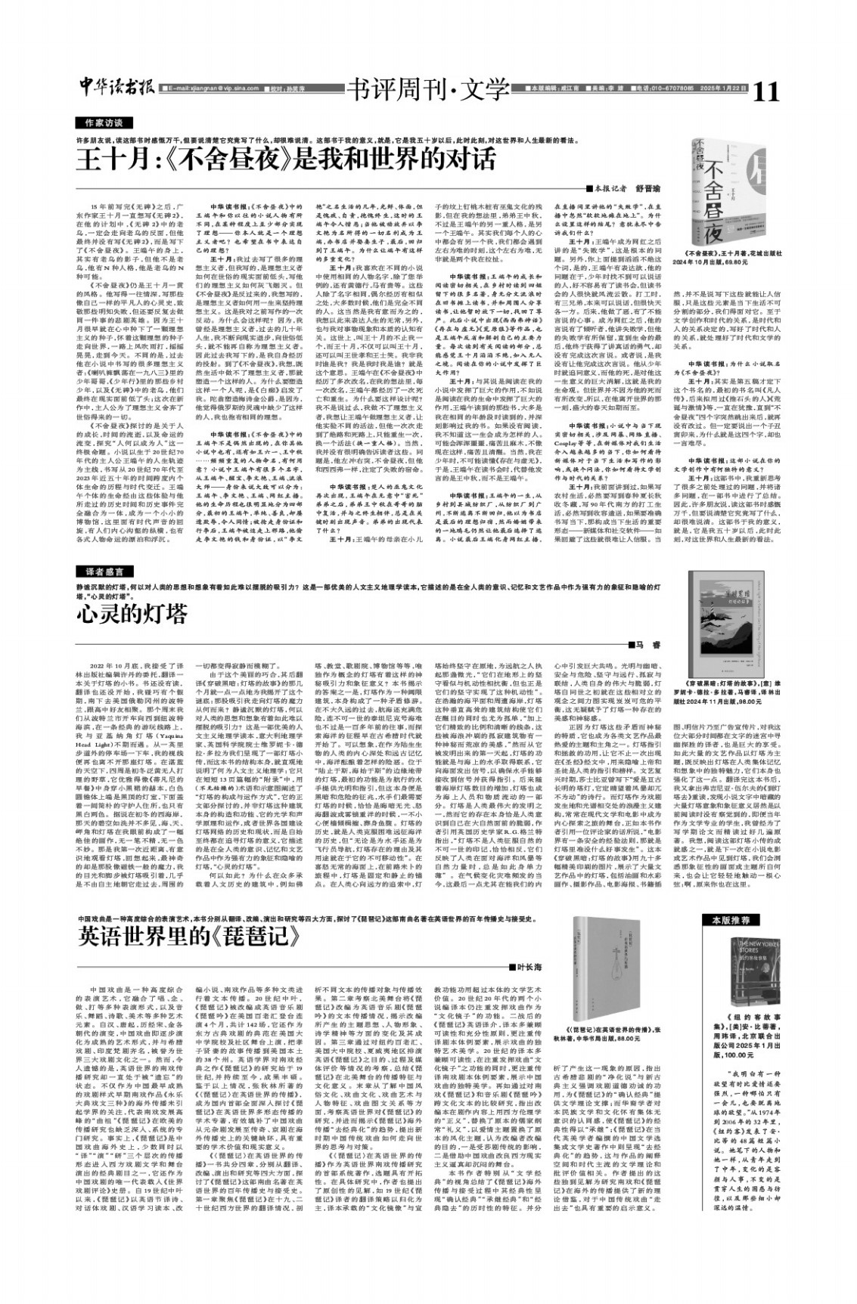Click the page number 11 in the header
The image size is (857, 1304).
coord(765,91)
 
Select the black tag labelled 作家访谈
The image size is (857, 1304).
coord(104,122)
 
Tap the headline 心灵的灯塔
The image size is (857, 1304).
coord(132,612)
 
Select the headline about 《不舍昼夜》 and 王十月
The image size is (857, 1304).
coord(285,160)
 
